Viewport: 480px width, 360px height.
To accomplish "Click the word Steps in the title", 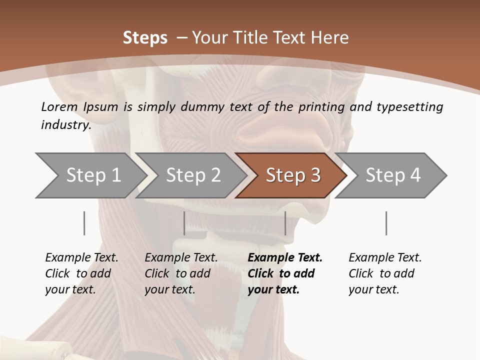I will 145,37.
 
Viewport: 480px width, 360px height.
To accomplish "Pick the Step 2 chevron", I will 193,175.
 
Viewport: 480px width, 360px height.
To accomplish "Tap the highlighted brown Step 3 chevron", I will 293,175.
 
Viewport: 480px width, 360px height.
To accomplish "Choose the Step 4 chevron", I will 393,175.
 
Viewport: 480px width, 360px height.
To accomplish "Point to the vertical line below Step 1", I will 84,223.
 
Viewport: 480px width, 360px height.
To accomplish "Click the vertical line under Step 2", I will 184,223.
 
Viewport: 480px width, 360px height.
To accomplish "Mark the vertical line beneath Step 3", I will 285,223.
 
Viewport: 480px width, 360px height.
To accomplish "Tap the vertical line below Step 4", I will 386,223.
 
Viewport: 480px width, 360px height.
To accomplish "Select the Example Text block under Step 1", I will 81,273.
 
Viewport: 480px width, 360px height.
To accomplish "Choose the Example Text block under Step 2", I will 181,273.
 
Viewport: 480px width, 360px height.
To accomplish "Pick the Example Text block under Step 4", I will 385,273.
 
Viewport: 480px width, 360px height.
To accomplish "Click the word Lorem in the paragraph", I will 59,106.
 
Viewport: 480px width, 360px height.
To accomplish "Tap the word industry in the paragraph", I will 65,124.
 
